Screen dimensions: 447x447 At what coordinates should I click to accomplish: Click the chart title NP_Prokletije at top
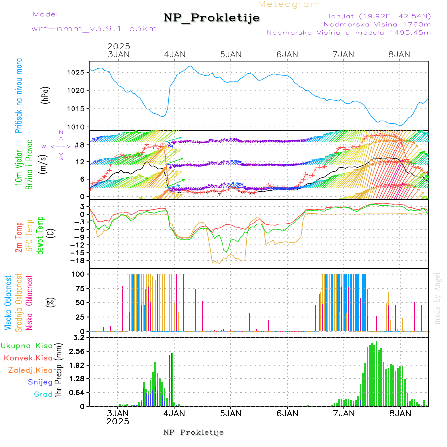(x=212, y=18)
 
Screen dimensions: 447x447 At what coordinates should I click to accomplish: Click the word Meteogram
(x=289, y=4)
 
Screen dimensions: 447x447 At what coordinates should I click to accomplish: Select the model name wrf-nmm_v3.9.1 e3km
(x=94, y=28)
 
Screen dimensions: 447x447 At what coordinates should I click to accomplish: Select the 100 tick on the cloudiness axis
(x=79, y=274)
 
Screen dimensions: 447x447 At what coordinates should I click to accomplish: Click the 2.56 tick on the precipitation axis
(x=77, y=351)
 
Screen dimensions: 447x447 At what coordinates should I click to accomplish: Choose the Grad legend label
(x=43, y=394)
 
